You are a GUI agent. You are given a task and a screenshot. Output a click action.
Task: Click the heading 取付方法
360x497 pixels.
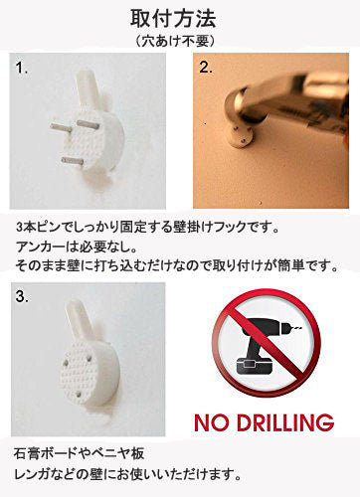(x=173, y=19)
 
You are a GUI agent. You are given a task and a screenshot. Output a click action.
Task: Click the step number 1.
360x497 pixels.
(x=22, y=68)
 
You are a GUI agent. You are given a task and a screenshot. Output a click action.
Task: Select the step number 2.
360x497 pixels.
(x=206, y=68)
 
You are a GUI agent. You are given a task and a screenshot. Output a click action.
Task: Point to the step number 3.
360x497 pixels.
(x=22, y=296)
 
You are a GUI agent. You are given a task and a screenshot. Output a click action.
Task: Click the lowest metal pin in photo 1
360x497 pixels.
(x=73, y=161)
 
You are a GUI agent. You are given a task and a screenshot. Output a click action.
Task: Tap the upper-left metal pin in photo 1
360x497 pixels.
(x=61, y=127)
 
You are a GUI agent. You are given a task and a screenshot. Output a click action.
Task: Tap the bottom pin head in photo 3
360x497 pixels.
(x=79, y=395)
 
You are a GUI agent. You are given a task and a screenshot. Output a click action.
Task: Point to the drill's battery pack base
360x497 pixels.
(x=254, y=372)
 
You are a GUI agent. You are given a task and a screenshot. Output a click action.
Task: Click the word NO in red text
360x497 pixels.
(x=212, y=422)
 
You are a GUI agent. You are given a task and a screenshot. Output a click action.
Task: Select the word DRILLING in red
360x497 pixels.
(x=285, y=422)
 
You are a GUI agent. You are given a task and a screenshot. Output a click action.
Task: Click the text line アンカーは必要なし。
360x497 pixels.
(x=76, y=247)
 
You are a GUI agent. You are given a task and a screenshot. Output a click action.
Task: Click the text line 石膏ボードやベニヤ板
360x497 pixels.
(x=79, y=453)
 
